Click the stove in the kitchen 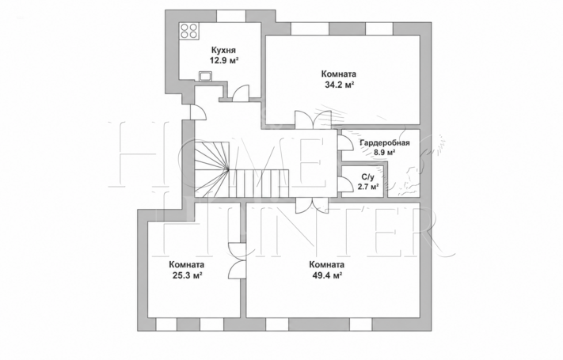point(189,31)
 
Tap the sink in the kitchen point(206,76)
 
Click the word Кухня point(223,50)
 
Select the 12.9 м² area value point(224,60)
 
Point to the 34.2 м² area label point(340,85)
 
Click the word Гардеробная point(385,143)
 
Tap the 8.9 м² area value point(385,152)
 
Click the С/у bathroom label point(367,177)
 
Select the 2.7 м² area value point(368,187)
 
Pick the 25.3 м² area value point(186,275)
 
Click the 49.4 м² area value point(326,275)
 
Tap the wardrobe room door point(345,143)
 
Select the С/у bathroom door point(345,184)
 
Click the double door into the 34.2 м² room point(313,120)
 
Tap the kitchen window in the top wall point(231,16)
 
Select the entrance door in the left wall point(198,112)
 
